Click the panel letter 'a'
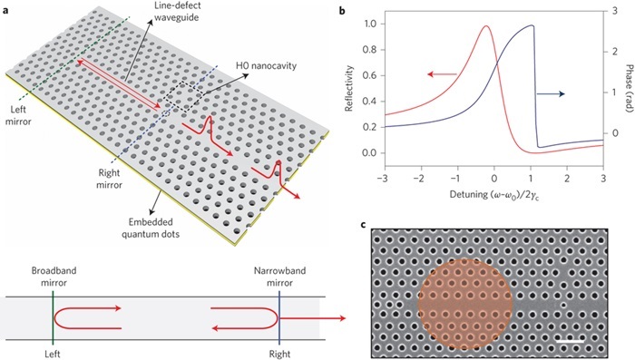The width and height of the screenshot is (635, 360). [x=5, y=8]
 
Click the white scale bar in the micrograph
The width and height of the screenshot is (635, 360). [x=571, y=342]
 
